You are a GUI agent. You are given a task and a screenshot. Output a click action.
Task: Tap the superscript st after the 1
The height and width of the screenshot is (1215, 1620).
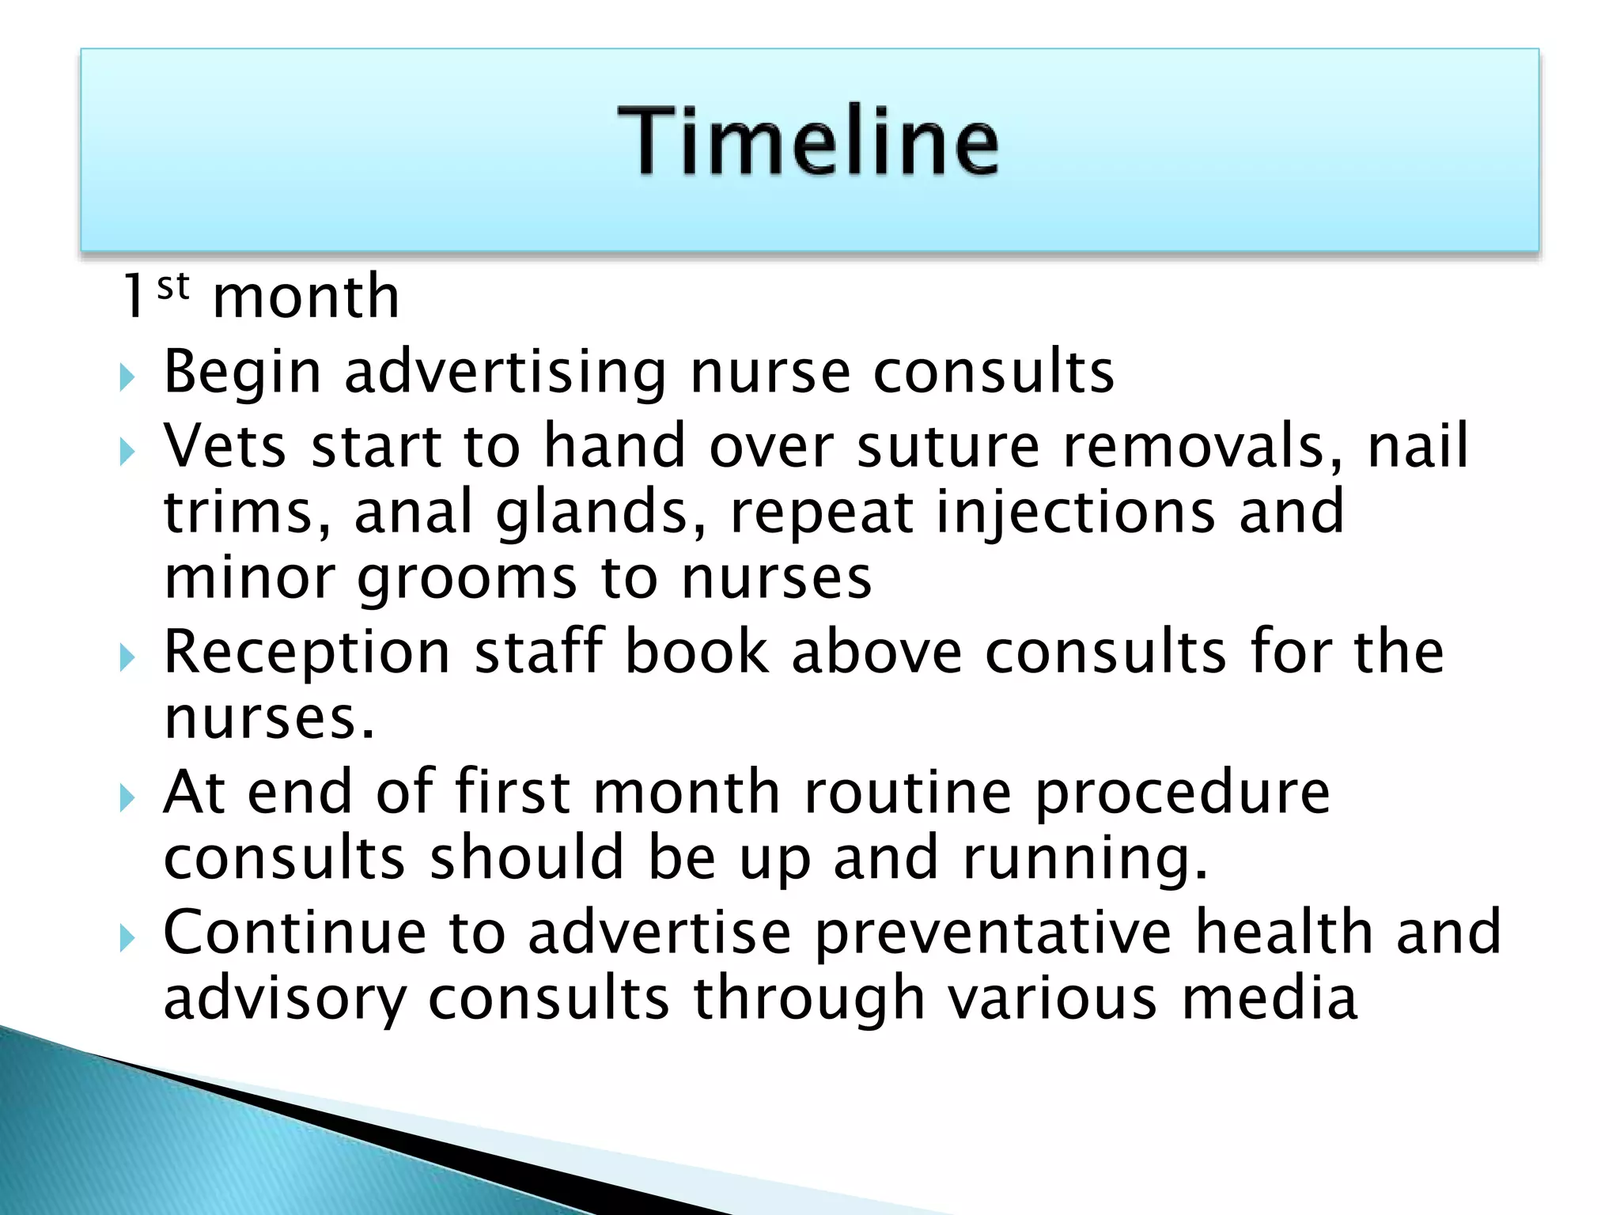[172, 286]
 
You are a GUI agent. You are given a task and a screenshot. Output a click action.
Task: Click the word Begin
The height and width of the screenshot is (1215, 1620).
[242, 372]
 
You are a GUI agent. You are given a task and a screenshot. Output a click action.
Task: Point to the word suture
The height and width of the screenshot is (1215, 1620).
[948, 446]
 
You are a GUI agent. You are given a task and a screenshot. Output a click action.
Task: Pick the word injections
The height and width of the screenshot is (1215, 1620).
[1075, 513]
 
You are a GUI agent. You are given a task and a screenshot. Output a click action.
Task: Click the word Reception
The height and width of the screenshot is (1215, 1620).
[307, 653]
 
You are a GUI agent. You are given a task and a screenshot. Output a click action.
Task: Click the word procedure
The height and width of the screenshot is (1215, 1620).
[1182, 793]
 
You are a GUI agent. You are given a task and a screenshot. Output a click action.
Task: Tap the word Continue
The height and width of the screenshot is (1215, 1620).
[294, 933]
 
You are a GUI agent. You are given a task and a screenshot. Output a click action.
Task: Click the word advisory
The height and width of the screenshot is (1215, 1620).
[284, 999]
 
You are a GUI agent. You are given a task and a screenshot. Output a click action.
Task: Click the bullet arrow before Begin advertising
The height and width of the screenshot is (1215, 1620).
[127, 377]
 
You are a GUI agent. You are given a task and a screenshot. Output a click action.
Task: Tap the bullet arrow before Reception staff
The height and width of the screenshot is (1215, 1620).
[127, 657]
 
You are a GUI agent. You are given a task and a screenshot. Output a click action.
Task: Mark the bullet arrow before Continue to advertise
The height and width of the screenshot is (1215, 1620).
[127, 938]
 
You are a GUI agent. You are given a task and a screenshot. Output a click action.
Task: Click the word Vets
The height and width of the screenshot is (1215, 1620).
[225, 446]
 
